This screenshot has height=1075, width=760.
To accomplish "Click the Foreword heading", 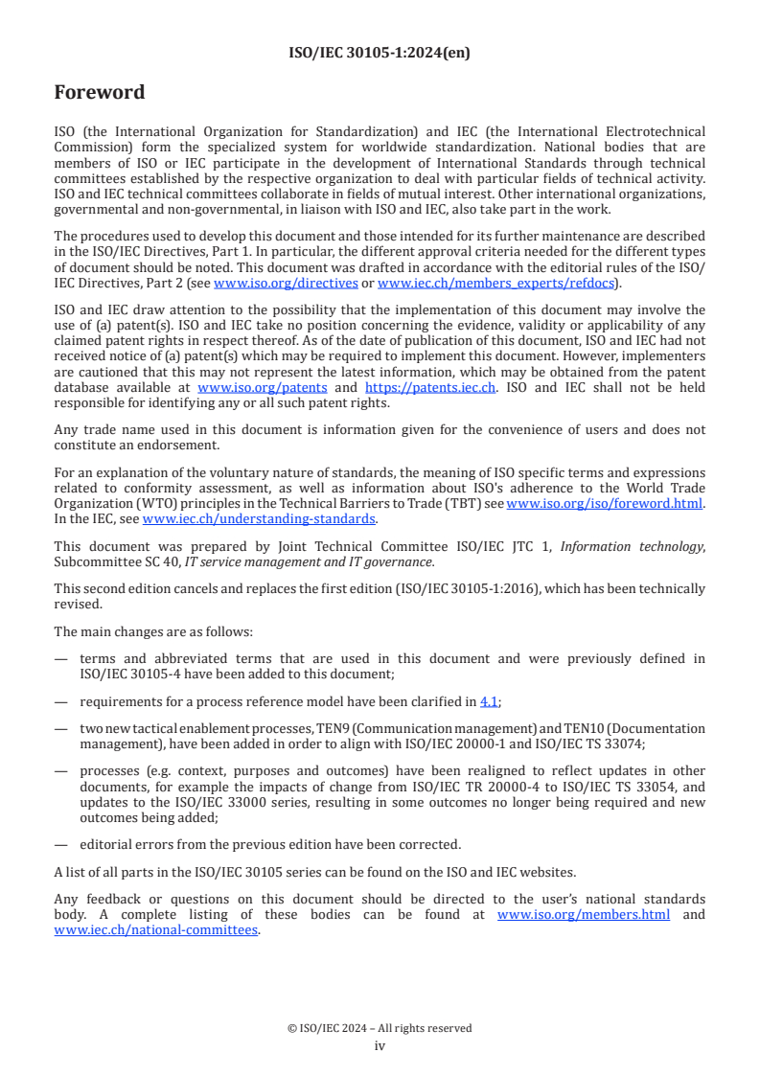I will click(x=100, y=93).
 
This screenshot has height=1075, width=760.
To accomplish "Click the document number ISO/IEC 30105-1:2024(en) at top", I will click(x=380, y=54).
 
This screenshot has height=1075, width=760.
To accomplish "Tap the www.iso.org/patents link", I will click(x=262, y=388).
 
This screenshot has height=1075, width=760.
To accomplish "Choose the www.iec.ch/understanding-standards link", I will click(x=259, y=518).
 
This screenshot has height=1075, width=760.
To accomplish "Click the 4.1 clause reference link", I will click(x=489, y=702).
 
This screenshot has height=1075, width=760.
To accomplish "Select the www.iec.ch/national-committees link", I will click(x=156, y=929).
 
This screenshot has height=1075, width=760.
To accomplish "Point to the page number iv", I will click(x=380, y=1045).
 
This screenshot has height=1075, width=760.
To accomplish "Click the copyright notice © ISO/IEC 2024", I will click(x=380, y=1028).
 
